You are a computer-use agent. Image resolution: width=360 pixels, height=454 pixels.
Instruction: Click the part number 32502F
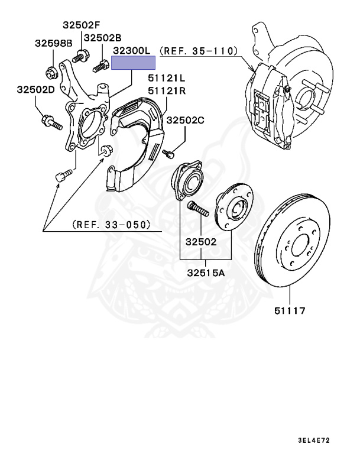tap(82, 25)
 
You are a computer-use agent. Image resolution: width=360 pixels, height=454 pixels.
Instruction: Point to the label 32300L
tap(132, 52)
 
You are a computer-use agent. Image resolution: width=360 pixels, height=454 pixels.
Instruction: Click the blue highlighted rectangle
tap(134, 63)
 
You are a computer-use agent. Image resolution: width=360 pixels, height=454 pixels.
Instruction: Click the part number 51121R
tap(167, 90)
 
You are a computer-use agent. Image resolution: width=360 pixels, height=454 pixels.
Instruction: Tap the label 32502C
tap(185, 121)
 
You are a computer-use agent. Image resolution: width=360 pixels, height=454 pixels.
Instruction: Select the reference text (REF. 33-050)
tap(111, 225)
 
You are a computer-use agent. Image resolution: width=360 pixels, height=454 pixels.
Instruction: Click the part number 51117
tap(290, 309)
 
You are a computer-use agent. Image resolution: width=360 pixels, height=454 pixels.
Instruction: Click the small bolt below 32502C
tap(168, 153)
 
